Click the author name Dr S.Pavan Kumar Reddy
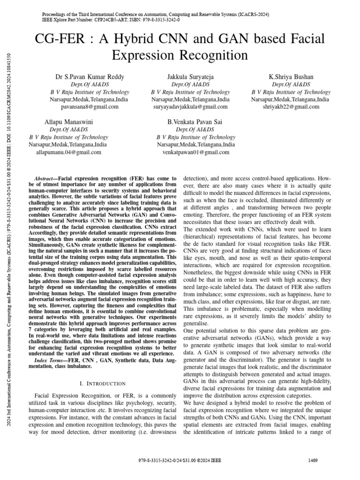(x=90, y=76)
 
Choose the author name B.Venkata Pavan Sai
(x=195, y=122)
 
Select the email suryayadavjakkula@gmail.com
(x=190, y=107)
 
